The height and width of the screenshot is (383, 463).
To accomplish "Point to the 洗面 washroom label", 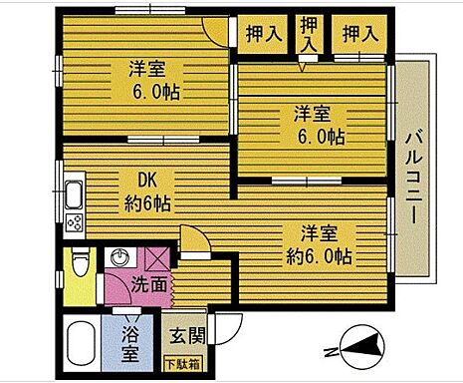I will pos(149,284).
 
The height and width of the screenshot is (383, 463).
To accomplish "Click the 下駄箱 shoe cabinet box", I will pos(181,364).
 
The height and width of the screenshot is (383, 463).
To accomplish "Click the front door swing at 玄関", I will pos(229,326).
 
